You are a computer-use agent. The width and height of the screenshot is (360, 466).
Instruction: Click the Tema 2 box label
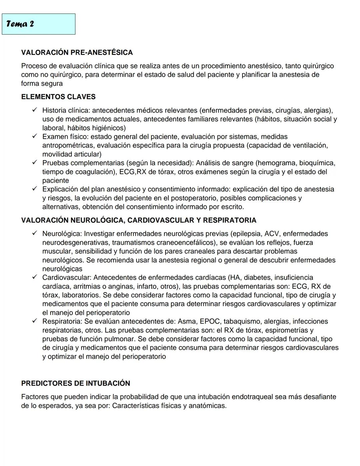click(20, 24)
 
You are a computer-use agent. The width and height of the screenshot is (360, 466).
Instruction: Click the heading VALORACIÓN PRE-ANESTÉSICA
click(77, 52)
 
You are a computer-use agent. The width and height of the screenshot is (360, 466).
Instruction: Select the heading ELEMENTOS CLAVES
click(58, 97)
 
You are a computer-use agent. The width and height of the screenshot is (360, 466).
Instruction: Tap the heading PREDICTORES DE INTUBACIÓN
click(75, 383)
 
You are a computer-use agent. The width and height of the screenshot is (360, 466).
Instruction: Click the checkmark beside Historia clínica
click(34, 110)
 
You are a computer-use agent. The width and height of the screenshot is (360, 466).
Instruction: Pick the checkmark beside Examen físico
click(34, 136)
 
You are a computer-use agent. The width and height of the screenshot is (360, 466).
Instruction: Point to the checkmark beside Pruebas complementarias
click(34, 163)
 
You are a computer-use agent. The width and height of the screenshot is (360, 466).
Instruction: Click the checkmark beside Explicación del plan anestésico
click(34, 189)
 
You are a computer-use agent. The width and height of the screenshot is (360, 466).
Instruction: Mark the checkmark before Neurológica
click(34, 234)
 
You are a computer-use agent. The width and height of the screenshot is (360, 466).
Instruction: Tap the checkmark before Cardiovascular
click(34, 277)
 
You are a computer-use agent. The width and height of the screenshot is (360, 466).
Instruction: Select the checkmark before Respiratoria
click(34, 321)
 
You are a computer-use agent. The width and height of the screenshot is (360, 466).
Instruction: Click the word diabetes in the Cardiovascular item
click(259, 277)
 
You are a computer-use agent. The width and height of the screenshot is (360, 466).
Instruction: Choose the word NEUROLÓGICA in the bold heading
click(97, 220)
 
